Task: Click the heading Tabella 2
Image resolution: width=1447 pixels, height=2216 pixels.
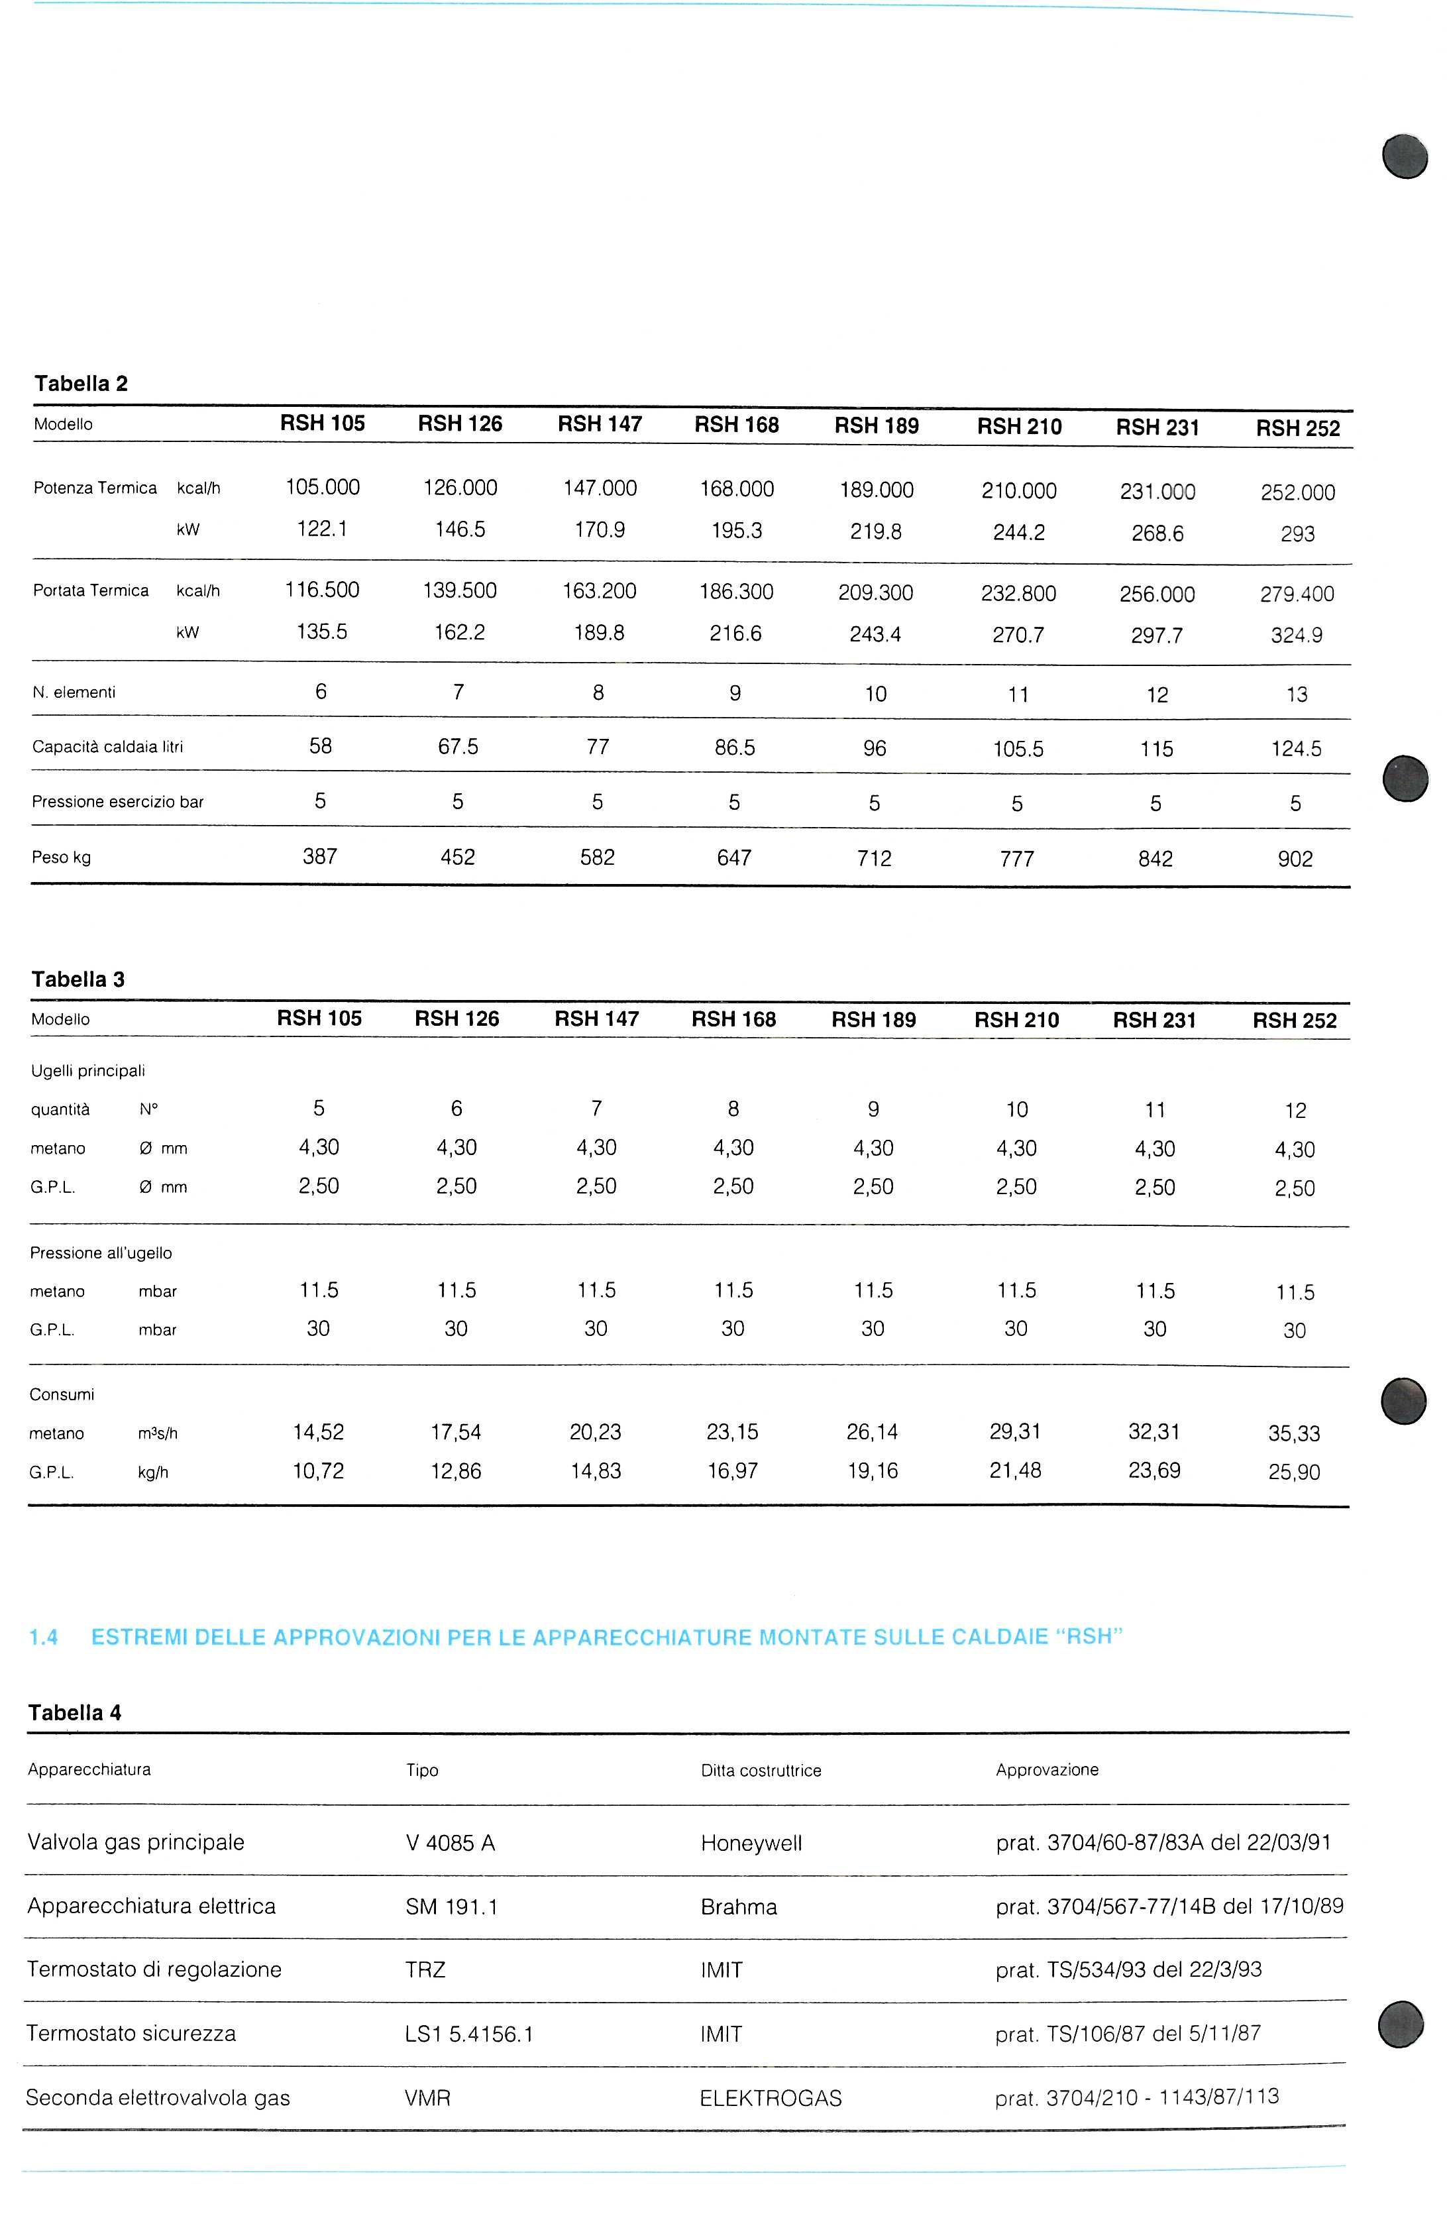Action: tap(81, 384)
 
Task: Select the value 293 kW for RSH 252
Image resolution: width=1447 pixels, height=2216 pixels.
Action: tap(1297, 534)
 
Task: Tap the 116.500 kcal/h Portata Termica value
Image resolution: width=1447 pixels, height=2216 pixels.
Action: tap(322, 590)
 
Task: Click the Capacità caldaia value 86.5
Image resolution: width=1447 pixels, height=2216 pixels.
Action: tap(735, 748)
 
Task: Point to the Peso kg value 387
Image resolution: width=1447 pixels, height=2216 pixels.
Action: tap(319, 857)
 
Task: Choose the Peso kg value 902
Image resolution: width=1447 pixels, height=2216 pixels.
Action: tap(1295, 859)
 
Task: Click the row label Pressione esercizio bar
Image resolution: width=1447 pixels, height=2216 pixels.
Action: tap(117, 803)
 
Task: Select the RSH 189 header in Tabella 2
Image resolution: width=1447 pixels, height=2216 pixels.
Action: tap(876, 427)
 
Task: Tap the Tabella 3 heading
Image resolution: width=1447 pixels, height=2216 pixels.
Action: tap(78, 979)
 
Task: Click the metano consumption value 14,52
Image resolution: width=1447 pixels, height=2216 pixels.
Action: tap(319, 1433)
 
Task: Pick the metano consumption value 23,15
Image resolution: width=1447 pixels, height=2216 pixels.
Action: tap(733, 1433)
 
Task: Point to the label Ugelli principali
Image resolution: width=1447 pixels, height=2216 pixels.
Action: tap(89, 1072)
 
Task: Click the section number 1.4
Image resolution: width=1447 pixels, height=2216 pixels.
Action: tap(44, 1637)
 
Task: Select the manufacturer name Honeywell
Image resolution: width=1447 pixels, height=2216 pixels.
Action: tap(751, 1844)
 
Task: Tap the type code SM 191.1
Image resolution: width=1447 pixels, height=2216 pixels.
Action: tap(452, 1907)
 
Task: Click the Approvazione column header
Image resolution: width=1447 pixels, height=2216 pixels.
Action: tap(1047, 1770)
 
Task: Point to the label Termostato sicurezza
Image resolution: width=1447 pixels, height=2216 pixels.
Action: tap(131, 2034)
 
